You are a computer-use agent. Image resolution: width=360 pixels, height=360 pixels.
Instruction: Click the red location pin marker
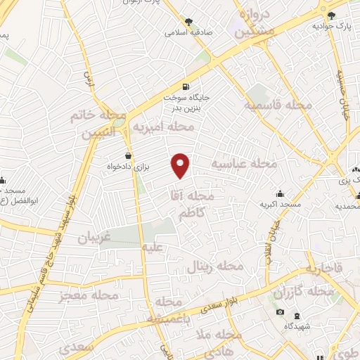[181, 166]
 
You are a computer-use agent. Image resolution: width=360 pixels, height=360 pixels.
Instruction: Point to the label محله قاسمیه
[278, 105]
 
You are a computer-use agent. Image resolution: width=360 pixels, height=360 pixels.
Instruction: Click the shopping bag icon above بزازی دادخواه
[128, 155]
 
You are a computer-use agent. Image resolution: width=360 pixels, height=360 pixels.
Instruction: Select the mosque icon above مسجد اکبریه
[281, 193]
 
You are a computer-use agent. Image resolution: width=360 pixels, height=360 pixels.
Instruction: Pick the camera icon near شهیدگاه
[280, 312]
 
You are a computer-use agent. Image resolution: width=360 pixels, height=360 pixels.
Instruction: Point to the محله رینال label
[214, 266]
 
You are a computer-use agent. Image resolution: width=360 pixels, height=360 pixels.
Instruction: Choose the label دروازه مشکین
[252, 22]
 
